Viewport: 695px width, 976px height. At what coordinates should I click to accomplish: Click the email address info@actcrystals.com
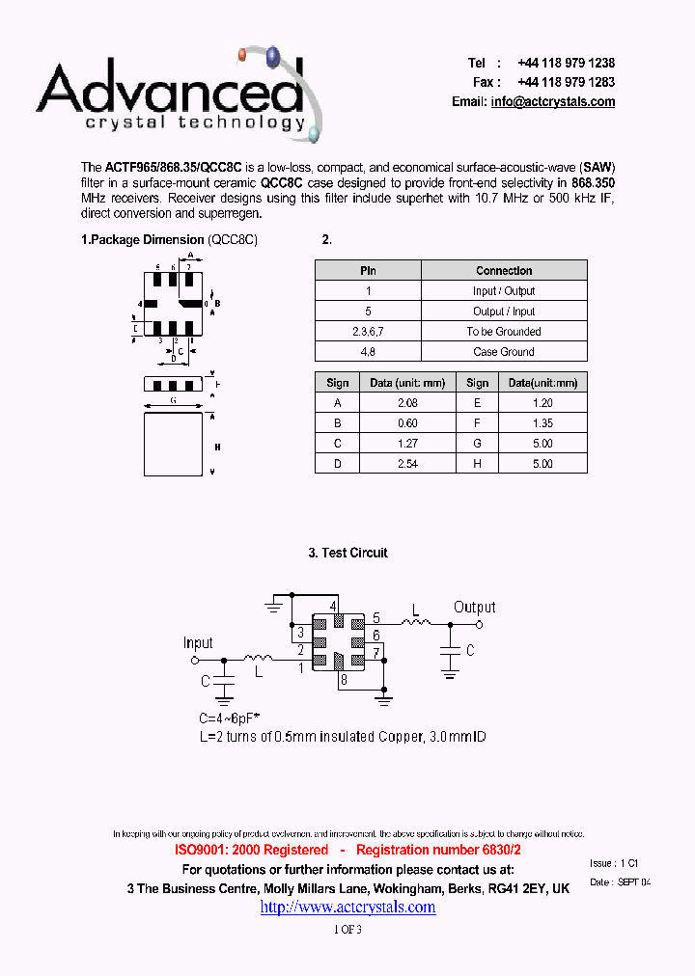tap(552, 102)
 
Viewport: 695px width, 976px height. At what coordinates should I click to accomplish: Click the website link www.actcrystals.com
tap(347, 908)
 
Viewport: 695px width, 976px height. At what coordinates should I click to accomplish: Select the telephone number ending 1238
tap(566, 63)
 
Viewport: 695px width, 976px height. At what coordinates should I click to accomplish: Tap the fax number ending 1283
tap(566, 82)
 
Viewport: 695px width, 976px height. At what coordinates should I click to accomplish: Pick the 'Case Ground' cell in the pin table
tap(504, 352)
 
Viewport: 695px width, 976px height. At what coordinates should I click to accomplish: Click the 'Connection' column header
tap(504, 271)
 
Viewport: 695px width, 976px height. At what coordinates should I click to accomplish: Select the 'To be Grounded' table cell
tap(504, 332)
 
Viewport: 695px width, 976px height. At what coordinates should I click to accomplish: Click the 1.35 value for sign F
tap(542, 423)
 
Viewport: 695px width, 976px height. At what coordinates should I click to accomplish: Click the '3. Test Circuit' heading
tap(347, 553)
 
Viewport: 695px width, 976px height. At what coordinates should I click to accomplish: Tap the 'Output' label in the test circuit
tap(475, 608)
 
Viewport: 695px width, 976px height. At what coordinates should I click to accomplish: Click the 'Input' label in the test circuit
tap(198, 643)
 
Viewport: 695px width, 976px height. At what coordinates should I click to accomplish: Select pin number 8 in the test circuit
tap(343, 680)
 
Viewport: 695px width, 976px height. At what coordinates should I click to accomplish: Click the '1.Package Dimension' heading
tap(142, 240)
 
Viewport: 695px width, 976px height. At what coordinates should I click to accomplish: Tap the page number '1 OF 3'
tap(347, 930)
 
